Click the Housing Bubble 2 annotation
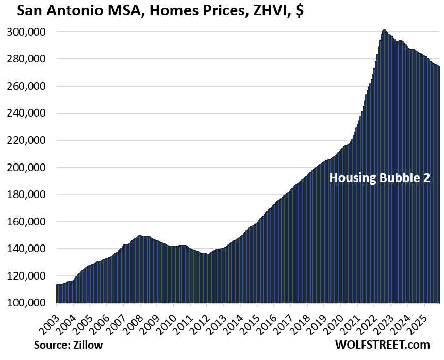380,178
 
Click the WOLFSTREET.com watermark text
381,345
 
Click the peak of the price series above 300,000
384,30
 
